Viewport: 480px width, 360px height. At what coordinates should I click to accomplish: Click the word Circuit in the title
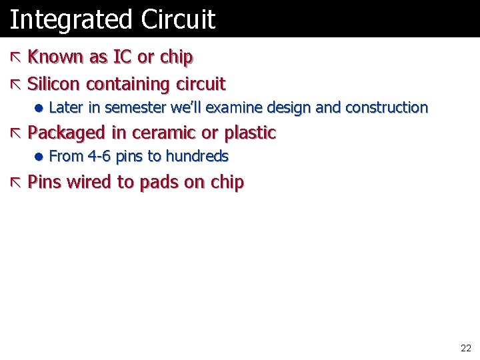click(x=178, y=19)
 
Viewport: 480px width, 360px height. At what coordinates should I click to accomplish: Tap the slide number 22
click(x=465, y=348)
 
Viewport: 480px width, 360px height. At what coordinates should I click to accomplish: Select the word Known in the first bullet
click(x=56, y=57)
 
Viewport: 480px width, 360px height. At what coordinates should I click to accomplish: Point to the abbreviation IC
click(x=122, y=57)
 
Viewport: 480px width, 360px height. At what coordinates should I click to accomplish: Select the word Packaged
click(x=67, y=133)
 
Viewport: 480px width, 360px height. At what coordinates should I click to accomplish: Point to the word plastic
click(x=250, y=133)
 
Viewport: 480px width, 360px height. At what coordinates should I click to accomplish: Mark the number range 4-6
click(x=99, y=157)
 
